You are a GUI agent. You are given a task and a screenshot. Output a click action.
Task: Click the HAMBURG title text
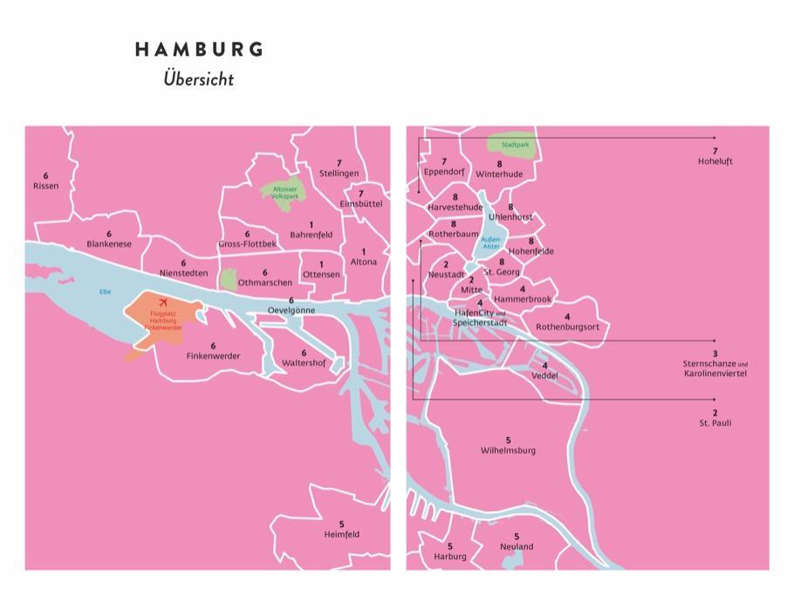[x=199, y=50]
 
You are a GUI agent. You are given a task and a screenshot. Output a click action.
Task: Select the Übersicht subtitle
[x=198, y=79]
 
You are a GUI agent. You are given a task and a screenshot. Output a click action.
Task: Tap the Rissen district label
[x=45, y=186]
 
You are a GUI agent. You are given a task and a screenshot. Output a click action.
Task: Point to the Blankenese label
[x=109, y=244]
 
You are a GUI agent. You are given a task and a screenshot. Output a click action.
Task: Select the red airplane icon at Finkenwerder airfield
[x=163, y=302]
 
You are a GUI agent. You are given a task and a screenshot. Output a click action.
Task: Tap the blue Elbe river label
[x=105, y=292]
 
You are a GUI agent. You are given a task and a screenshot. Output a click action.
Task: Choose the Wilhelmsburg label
[x=508, y=450]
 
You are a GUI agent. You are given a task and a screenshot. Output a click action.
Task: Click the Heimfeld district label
[x=341, y=534]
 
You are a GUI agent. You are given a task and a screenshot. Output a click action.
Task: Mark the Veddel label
[x=544, y=375]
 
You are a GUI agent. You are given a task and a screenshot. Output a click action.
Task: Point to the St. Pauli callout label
[x=715, y=423]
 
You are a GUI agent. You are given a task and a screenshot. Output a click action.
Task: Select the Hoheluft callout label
[x=715, y=161]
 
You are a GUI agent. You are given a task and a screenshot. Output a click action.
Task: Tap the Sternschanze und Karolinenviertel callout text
[x=715, y=368]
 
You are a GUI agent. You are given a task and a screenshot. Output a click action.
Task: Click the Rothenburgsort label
[x=567, y=326]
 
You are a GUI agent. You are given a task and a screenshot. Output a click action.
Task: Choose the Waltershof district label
[x=304, y=362]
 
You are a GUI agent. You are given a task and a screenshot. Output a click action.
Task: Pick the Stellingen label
[x=339, y=173]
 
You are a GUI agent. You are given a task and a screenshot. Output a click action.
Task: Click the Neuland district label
[x=517, y=546]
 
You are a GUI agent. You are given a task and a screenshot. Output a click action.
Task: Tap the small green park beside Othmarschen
[x=229, y=279]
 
